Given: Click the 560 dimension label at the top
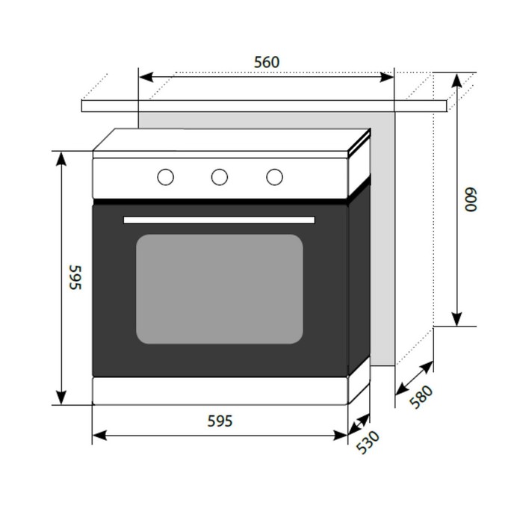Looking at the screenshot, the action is point(267,62).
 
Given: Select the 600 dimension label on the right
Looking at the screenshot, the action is point(471,199).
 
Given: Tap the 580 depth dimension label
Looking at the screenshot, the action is point(421,397).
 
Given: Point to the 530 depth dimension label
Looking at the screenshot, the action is point(368,442).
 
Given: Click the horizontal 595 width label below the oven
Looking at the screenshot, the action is point(220,421).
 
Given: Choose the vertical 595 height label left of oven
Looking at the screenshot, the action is point(75,277).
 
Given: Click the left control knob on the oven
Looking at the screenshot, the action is point(165,177).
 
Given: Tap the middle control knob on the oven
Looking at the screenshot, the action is point(220,177).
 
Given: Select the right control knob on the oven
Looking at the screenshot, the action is point(274,177).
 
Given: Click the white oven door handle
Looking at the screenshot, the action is point(219,220).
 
